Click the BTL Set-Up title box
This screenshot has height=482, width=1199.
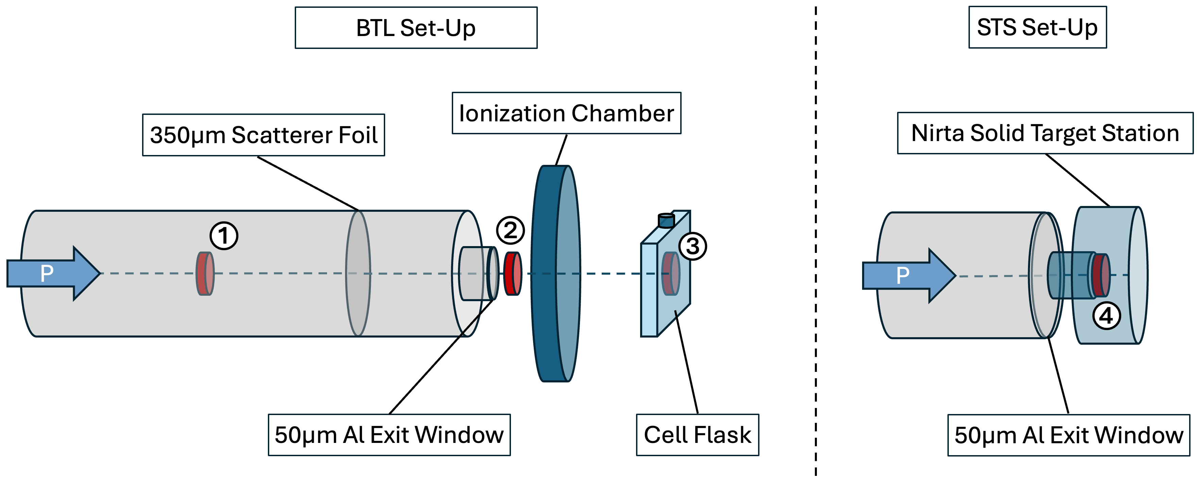tap(416, 28)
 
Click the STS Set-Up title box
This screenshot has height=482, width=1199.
tap(1037, 27)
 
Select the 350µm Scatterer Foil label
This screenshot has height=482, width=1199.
tap(263, 135)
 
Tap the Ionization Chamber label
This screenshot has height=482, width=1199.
tap(566, 113)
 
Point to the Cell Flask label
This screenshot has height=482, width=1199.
tap(697, 434)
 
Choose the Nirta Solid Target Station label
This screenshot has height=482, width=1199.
tap(1045, 133)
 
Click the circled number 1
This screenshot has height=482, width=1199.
tap(224, 236)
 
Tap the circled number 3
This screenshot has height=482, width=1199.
tap(692, 246)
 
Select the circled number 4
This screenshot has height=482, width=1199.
tap(1107, 316)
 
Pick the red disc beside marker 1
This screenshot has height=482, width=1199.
tap(205, 274)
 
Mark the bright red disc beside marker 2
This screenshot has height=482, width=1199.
tap(513, 274)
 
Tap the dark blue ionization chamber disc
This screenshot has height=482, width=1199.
tap(545, 274)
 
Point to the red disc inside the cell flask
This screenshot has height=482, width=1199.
tap(671, 274)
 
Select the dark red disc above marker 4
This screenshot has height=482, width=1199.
tap(1101, 275)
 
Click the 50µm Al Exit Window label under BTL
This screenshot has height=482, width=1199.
tap(389, 434)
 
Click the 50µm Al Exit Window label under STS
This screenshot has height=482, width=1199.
tap(1069, 435)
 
